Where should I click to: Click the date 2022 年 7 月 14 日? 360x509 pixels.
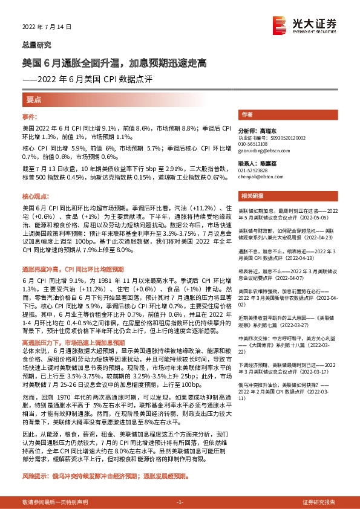point(47,27)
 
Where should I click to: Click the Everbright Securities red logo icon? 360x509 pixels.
point(281,24)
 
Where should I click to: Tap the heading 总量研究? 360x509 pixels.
point(37,45)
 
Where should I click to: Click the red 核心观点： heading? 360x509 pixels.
point(34,197)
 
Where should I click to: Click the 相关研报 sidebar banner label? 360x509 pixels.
point(252,196)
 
